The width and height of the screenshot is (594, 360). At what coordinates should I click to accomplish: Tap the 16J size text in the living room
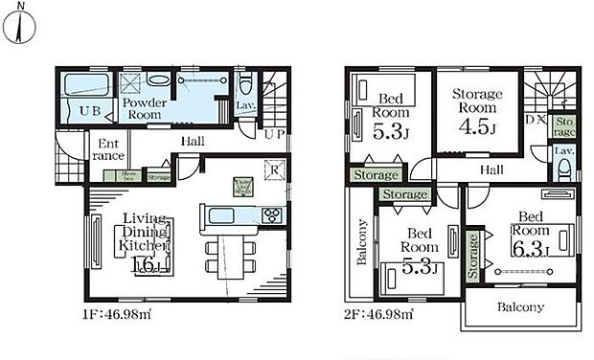pyautogui.click(x=145, y=265)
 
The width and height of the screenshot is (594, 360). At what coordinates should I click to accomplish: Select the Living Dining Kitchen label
pyautogui.click(x=144, y=233)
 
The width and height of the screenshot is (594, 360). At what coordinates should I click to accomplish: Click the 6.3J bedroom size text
pyautogui.click(x=530, y=251)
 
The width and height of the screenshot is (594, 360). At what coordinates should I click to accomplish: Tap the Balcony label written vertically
pyautogui.click(x=362, y=245)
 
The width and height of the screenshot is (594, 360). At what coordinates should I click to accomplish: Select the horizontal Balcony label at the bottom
pyautogui.click(x=519, y=307)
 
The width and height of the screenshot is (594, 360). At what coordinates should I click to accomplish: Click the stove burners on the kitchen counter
pyautogui.click(x=270, y=214)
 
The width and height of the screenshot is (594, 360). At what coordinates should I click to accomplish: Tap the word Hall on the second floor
pyautogui.click(x=491, y=169)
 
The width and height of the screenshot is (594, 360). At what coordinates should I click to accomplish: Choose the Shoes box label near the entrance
pyautogui.click(x=126, y=175)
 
